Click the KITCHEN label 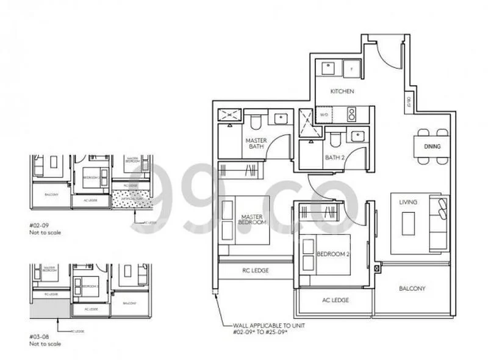click(x=342, y=92)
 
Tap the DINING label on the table click(x=432, y=147)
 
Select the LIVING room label click(x=407, y=202)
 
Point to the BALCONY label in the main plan click(x=412, y=289)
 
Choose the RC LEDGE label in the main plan click(x=256, y=270)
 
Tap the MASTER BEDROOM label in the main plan click(x=251, y=220)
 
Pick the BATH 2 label click(x=335, y=157)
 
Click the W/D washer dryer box click(x=324, y=114)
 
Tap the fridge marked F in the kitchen click(x=351, y=67)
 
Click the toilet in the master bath click(x=256, y=121)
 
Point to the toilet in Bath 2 click(x=334, y=140)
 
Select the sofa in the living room click(x=438, y=223)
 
